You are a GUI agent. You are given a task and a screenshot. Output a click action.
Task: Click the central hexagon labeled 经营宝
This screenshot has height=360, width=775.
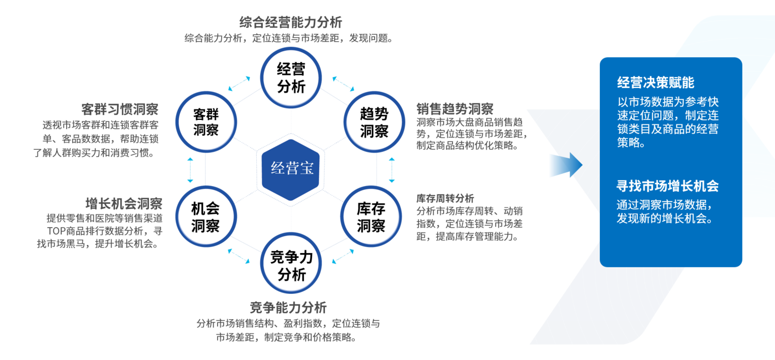[x=290, y=170]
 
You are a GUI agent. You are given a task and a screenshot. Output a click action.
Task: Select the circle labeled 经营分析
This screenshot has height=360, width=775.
[x=290, y=77]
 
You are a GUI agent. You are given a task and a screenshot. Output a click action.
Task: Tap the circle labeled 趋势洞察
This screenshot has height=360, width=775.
[x=374, y=122]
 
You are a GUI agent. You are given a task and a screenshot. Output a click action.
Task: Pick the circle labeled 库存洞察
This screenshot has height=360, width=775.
[x=371, y=216]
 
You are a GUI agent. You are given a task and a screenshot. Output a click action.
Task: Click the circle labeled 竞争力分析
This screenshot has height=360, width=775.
[x=290, y=263]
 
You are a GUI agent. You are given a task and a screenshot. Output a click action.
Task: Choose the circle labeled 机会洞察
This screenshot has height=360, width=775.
[x=206, y=216]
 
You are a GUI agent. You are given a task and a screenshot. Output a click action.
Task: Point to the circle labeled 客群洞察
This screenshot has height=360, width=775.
[x=206, y=122]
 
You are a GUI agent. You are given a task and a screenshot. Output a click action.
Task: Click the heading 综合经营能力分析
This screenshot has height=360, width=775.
[x=290, y=23]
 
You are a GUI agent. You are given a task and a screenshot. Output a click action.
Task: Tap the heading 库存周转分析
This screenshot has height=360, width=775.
[x=445, y=198]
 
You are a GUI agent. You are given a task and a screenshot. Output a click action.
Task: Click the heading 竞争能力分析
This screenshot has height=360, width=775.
[x=288, y=307]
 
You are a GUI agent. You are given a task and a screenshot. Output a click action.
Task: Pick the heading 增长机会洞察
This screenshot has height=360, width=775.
[x=124, y=204]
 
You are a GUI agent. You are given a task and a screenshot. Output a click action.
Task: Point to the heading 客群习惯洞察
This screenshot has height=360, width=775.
[x=120, y=109]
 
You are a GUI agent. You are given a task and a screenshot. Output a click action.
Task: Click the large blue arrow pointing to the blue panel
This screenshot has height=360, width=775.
[x=566, y=165]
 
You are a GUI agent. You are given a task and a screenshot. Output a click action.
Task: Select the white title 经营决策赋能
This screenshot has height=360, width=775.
[x=656, y=82]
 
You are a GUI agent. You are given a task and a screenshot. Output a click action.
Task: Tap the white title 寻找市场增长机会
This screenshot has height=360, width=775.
[x=668, y=186]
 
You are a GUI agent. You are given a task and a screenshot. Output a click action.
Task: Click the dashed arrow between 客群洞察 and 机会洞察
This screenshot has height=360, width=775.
[x=190, y=170]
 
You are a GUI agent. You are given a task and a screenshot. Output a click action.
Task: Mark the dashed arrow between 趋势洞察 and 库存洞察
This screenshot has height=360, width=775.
[x=392, y=170]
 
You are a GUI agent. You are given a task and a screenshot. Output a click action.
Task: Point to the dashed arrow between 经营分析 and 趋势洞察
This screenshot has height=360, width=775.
[x=343, y=84]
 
